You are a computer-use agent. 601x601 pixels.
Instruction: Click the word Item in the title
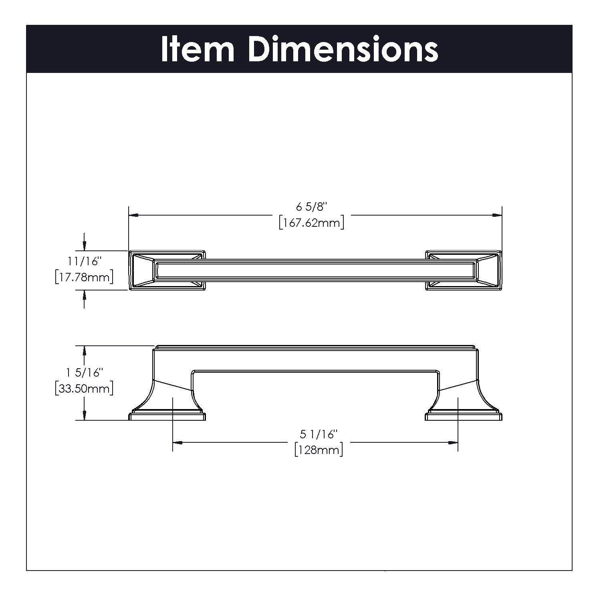198,49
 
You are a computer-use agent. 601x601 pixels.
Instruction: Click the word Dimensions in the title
343,49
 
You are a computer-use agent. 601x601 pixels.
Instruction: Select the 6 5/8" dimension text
312,207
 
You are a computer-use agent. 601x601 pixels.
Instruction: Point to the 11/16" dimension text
83,262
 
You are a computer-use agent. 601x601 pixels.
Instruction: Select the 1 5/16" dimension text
83,373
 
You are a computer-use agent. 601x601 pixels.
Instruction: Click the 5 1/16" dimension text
319,434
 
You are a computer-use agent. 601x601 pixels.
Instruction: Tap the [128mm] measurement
319,450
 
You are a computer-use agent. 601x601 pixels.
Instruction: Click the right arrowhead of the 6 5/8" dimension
497,216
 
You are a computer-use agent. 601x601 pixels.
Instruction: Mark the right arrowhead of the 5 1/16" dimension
453,443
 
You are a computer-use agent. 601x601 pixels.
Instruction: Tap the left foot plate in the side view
167,417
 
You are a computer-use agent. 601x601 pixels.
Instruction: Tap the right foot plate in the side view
464,417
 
